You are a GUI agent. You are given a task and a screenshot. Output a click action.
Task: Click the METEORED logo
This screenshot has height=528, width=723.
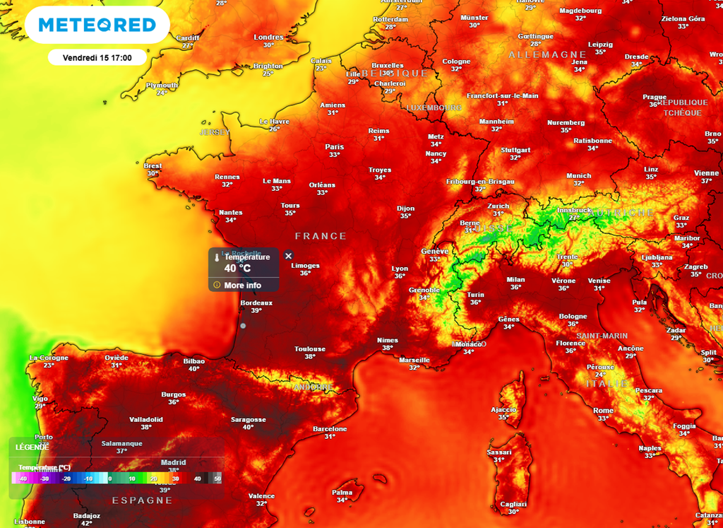point(97,25)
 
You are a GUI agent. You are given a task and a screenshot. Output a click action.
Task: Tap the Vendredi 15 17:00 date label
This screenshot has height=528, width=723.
point(97,57)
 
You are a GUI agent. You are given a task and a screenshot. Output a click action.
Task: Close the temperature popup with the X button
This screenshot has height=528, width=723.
point(288,255)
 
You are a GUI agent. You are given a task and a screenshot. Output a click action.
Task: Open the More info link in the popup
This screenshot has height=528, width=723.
point(242,285)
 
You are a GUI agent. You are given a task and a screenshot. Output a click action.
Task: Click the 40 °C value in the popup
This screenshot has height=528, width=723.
point(238,268)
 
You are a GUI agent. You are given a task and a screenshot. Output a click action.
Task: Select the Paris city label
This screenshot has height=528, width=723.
point(335,147)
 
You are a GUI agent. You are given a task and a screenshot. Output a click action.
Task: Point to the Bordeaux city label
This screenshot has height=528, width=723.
point(256,303)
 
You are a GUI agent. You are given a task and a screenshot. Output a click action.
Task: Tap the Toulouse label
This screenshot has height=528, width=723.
point(310,349)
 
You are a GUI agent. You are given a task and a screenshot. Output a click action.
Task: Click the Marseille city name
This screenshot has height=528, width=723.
point(414,360)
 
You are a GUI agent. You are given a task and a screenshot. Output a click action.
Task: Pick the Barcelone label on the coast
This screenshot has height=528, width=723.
point(330,429)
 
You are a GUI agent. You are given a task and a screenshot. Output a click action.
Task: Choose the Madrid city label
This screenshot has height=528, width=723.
point(173,462)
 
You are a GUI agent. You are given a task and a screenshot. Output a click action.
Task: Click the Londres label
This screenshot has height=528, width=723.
point(268,37)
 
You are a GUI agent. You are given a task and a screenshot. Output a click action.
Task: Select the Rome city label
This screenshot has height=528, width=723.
point(603,411)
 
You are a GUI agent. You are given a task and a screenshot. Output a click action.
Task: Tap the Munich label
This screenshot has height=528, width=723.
point(578,176)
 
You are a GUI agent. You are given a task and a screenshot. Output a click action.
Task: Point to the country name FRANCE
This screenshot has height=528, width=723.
point(321,236)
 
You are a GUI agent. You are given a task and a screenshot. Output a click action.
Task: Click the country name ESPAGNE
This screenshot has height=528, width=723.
point(142,500)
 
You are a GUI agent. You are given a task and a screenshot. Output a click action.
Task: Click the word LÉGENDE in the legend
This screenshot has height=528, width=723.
point(32,447)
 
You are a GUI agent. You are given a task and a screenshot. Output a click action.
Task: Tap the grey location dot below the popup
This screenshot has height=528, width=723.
point(243,326)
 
